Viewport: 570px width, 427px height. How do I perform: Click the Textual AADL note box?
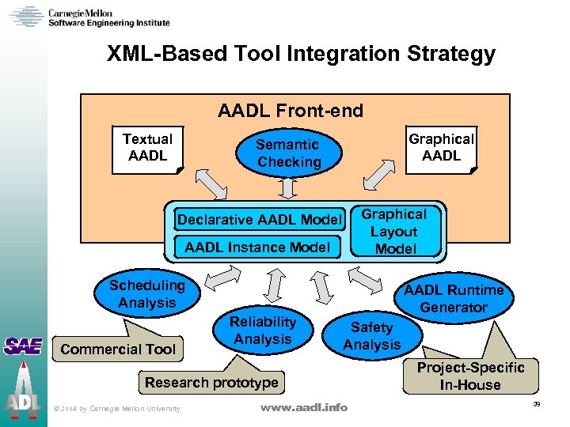(147, 147)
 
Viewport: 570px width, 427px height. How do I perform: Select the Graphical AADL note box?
(441, 148)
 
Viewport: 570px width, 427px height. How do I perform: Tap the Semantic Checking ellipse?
(288, 153)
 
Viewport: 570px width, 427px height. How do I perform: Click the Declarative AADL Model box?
(260, 219)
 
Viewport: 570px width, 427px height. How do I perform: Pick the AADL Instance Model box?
(256, 248)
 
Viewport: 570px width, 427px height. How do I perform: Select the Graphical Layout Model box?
(395, 232)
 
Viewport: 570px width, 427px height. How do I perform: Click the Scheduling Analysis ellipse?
(146, 294)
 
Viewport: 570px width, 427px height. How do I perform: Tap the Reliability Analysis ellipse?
(263, 331)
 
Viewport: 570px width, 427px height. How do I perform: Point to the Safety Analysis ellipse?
(371, 336)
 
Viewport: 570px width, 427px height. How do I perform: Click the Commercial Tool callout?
(118, 349)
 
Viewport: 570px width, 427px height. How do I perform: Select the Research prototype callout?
(211, 384)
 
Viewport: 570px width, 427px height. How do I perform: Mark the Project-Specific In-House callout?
(470, 376)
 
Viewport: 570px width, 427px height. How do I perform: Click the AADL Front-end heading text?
(291, 111)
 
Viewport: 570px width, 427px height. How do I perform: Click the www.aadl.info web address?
(304, 407)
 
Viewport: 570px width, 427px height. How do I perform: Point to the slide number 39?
(536, 404)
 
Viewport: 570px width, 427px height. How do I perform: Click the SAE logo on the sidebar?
(22, 346)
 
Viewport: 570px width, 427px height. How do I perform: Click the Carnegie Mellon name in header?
(80, 13)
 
